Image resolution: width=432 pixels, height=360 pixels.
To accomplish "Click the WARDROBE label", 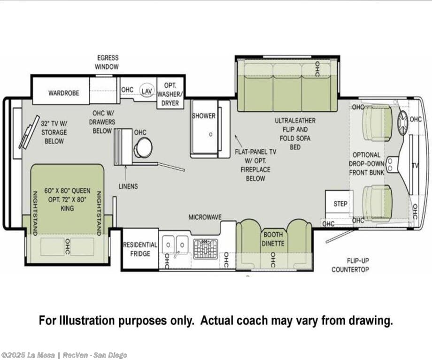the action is pyautogui.click(x=64, y=93).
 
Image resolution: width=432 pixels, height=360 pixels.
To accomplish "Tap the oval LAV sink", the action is pyautogui.click(x=147, y=91).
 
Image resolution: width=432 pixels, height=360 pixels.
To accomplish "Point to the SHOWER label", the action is pyautogui.click(x=204, y=116).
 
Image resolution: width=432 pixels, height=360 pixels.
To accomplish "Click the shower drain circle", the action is pyautogui.click(x=211, y=134).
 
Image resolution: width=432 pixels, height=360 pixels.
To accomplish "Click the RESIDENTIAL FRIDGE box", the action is pyautogui.click(x=140, y=249).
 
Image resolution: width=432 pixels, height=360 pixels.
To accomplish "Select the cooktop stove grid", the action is pyautogui.click(x=205, y=249).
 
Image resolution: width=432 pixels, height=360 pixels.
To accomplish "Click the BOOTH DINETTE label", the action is pyautogui.click(x=273, y=239).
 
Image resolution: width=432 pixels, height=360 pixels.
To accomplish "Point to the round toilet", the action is pyautogui.click(x=143, y=147).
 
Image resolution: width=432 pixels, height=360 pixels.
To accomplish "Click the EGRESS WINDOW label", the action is pyautogui.click(x=107, y=62).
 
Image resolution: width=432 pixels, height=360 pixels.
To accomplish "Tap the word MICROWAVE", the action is pyautogui.click(x=205, y=217).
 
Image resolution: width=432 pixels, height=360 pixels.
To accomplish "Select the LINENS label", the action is pyautogui.click(x=128, y=186).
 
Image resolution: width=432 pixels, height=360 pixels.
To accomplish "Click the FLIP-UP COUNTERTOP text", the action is pyautogui.click(x=350, y=265).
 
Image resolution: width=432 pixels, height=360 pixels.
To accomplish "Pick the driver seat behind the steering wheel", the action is pyautogui.click(x=377, y=123).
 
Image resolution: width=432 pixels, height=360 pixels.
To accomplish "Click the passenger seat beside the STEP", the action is pyautogui.click(x=377, y=204).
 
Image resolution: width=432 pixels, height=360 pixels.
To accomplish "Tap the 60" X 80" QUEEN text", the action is pyautogui.click(x=67, y=191).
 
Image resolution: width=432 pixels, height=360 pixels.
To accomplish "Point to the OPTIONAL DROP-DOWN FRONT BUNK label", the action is pyautogui.click(x=366, y=164).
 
